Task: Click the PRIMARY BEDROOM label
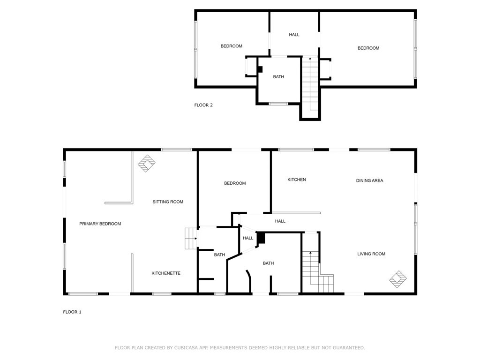click(100, 224)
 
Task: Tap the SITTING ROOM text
click(168, 202)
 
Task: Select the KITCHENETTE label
click(166, 273)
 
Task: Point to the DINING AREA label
click(369, 180)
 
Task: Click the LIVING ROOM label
click(371, 254)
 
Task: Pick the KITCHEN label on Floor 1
click(297, 180)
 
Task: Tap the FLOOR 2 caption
click(203, 105)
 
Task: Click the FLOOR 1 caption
click(72, 312)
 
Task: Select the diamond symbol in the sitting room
click(146, 163)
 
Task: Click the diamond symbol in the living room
click(398, 279)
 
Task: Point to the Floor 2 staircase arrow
click(310, 59)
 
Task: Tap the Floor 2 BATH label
click(278, 77)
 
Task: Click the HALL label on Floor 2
click(294, 35)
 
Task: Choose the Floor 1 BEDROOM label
click(235, 183)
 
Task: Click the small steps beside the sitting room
click(191, 238)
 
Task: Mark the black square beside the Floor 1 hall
click(261, 238)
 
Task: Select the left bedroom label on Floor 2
click(232, 46)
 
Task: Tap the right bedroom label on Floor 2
click(368, 48)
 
